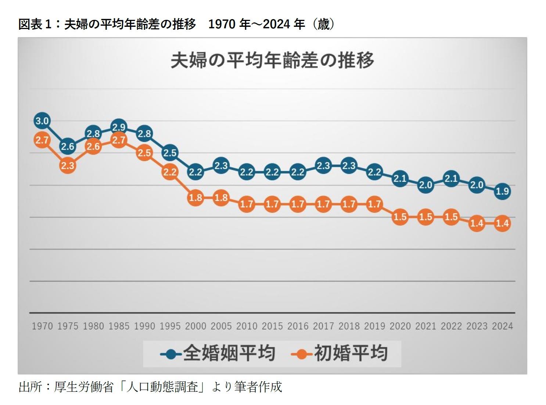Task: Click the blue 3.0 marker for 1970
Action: pos(42,121)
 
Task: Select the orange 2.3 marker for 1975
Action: pos(68,165)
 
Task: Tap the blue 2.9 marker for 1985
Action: pos(119,127)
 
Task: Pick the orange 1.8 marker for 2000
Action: pos(195,197)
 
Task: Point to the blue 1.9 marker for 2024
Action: pos(502,191)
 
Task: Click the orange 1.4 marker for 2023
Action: pos(477,223)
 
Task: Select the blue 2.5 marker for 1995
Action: pos(170,153)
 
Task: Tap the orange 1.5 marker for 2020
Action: pos(400,217)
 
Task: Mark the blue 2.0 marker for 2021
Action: pos(425,185)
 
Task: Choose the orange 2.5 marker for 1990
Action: pos(144,153)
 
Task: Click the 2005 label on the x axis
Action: pos(221,326)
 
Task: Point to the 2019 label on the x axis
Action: pos(374,326)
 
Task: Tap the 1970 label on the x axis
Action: pos(42,326)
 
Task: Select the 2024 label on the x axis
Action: pos(502,326)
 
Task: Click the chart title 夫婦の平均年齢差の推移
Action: pos(272,60)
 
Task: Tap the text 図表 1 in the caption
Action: pos(34,25)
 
